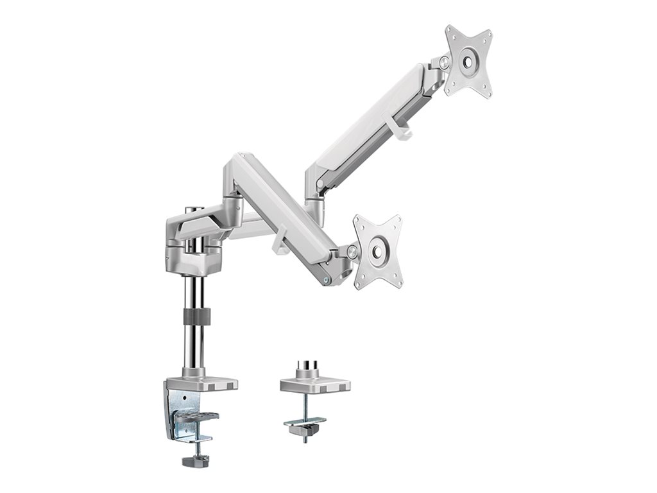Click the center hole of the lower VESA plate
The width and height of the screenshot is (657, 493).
pos(379,252)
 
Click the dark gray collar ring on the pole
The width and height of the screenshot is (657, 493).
pos(196,316)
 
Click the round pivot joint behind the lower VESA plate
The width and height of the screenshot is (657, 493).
pos(352,251)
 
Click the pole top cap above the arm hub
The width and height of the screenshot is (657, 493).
pos(191,209)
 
